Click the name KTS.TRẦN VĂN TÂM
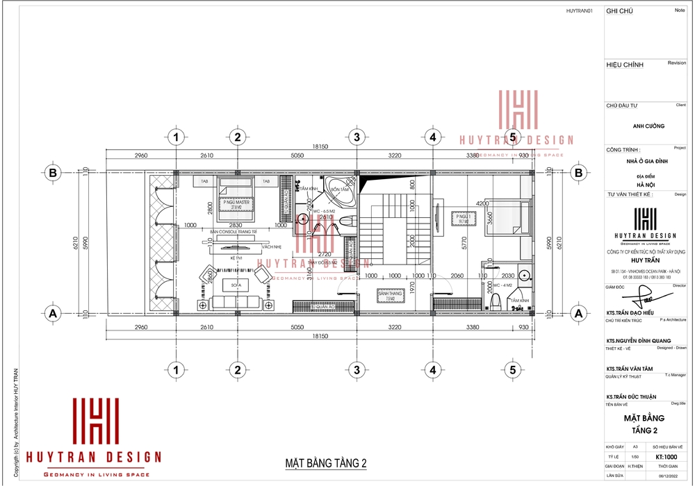click(631, 369)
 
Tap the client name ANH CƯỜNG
click(648, 126)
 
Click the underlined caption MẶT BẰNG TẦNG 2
click(325, 463)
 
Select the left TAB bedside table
click(205, 181)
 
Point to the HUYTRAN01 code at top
click(579, 10)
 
